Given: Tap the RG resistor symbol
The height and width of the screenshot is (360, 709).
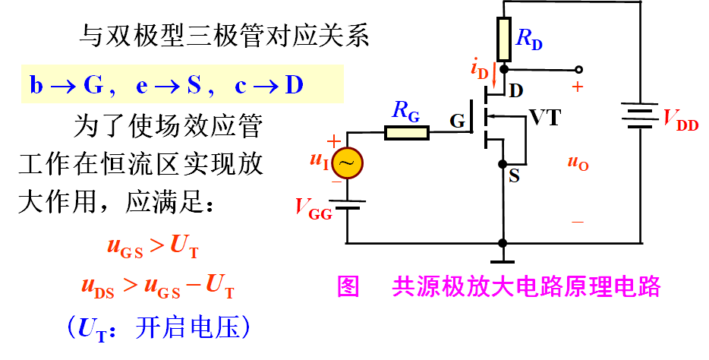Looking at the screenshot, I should pos(407,134).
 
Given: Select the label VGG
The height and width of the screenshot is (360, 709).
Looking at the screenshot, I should pos(314,208).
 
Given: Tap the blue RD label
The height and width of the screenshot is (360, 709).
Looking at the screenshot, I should pos(529,40).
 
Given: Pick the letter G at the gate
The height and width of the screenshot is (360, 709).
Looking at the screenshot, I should pos(457,122).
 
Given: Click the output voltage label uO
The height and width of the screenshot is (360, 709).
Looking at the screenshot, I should pos(578,162).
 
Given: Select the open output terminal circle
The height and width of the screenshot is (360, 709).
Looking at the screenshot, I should pos(578,69).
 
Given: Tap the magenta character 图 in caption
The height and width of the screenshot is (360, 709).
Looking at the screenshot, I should pos(348,286).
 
